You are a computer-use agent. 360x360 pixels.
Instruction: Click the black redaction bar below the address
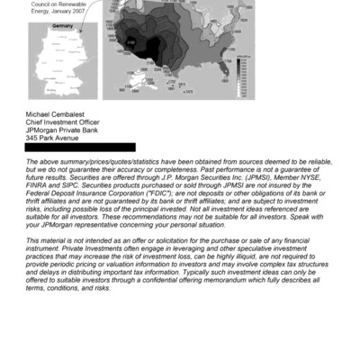[x=81, y=148]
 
